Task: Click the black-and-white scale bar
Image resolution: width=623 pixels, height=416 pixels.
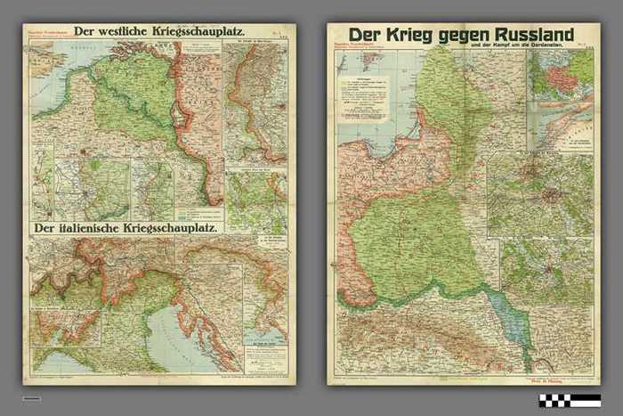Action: click(569, 398)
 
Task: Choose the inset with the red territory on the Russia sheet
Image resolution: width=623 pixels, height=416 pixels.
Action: click(560, 73)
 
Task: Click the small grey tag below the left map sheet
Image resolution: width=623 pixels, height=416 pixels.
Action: click(32, 398)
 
